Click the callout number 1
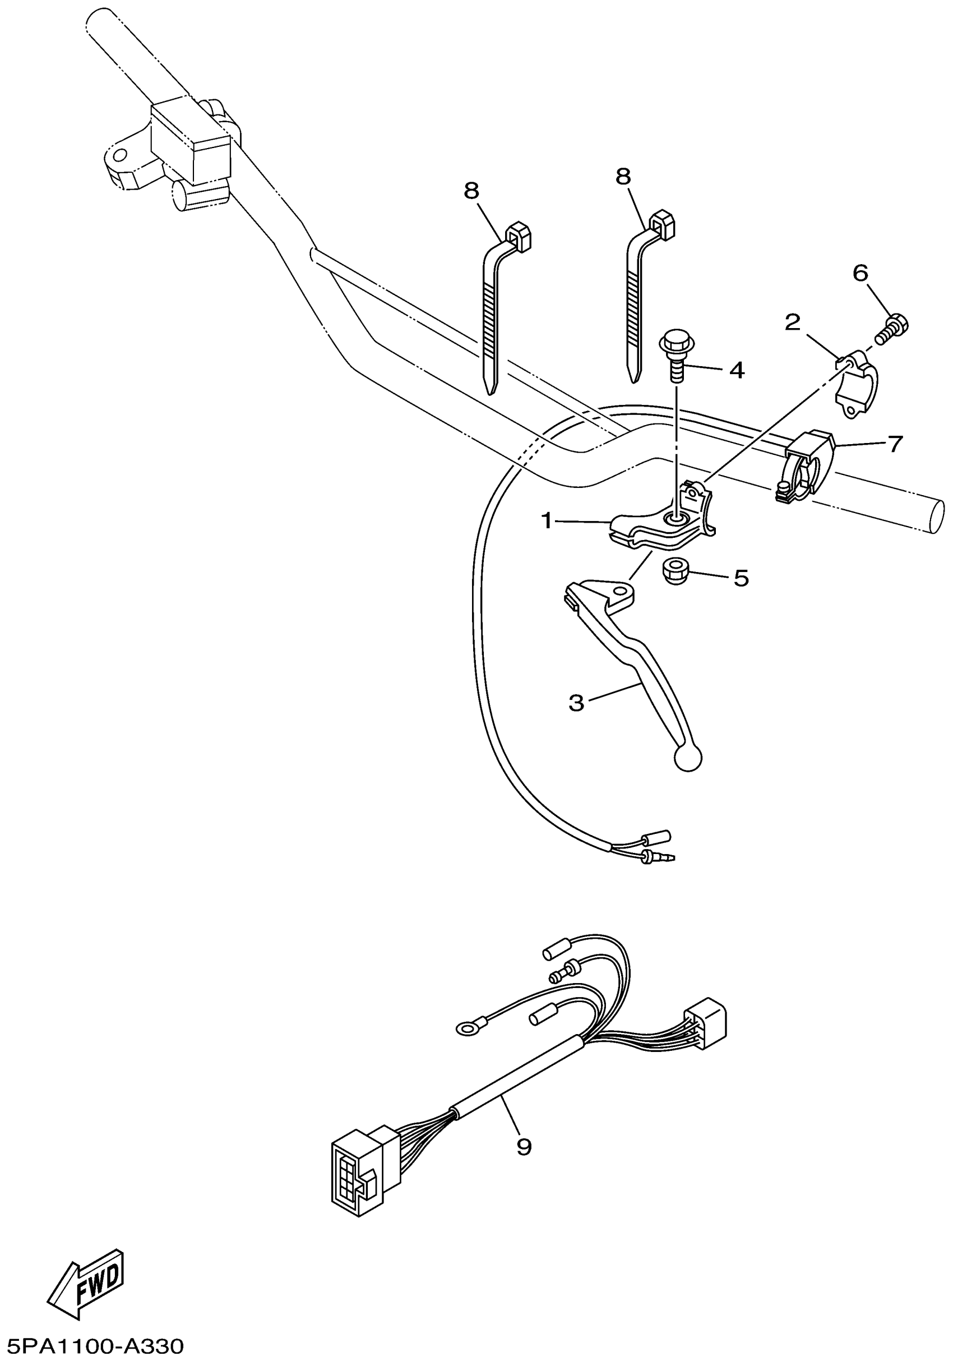pos(547,521)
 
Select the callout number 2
pos(792,322)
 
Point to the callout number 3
pos(576,703)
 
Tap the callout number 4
pos(736,371)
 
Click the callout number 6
pos(860,273)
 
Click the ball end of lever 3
pos(687,758)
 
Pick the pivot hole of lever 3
pos(621,592)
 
